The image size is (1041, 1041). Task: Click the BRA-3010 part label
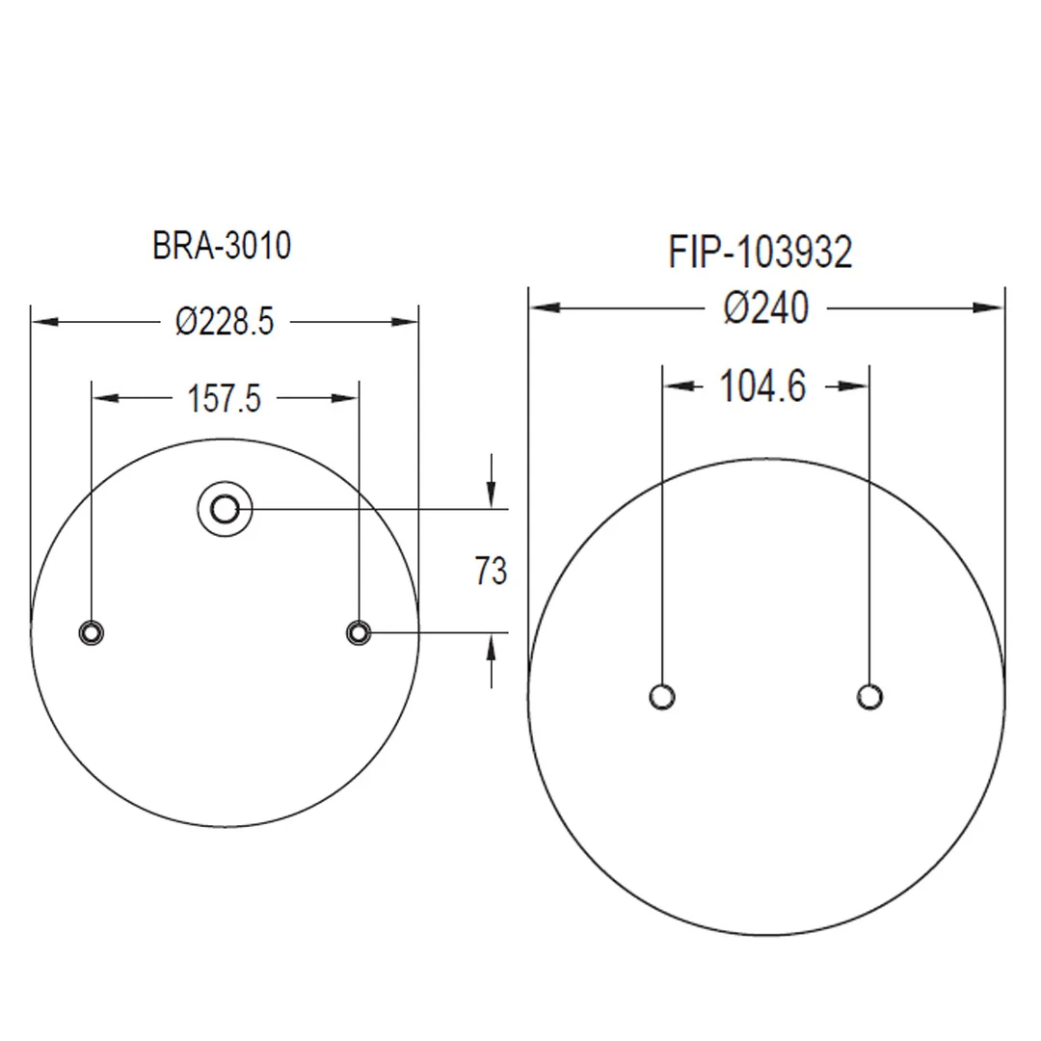[x=222, y=246]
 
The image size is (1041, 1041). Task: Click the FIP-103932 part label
[x=761, y=253]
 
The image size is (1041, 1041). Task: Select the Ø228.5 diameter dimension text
[x=225, y=322]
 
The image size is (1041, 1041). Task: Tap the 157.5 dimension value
[x=225, y=398]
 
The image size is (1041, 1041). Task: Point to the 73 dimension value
[x=491, y=571]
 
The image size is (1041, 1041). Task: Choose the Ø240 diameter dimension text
[x=766, y=308]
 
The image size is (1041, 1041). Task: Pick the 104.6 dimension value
[x=762, y=386]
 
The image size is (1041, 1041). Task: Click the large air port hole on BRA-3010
[x=225, y=509]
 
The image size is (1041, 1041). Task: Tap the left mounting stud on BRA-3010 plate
[x=92, y=632]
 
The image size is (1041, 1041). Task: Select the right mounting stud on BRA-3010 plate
[x=360, y=632]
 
